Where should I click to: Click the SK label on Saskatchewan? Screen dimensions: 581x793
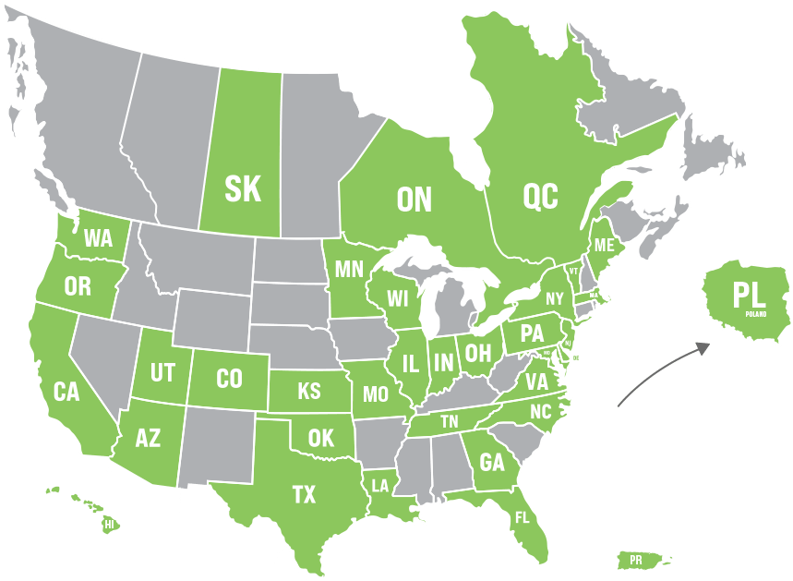point(243,189)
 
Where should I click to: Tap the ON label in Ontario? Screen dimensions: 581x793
point(415,199)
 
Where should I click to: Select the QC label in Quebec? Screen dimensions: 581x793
point(540,195)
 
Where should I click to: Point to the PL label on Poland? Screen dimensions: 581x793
point(749,297)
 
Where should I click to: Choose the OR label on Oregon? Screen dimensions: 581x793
point(78,286)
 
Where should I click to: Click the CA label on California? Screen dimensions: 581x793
point(66,392)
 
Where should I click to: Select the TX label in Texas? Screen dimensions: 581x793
point(304,495)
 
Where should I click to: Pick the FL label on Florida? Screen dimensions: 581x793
point(523,516)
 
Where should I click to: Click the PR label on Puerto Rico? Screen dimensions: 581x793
point(635,560)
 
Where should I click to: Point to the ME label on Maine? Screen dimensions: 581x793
point(605,246)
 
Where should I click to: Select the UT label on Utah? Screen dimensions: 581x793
point(162,373)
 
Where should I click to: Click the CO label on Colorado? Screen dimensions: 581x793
point(229,378)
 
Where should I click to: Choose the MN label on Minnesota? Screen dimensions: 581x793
point(349,269)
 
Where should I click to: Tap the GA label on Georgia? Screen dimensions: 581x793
point(491,462)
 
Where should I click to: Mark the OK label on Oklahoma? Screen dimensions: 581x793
point(320,437)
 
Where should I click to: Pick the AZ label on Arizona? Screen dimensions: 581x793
point(148,437)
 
